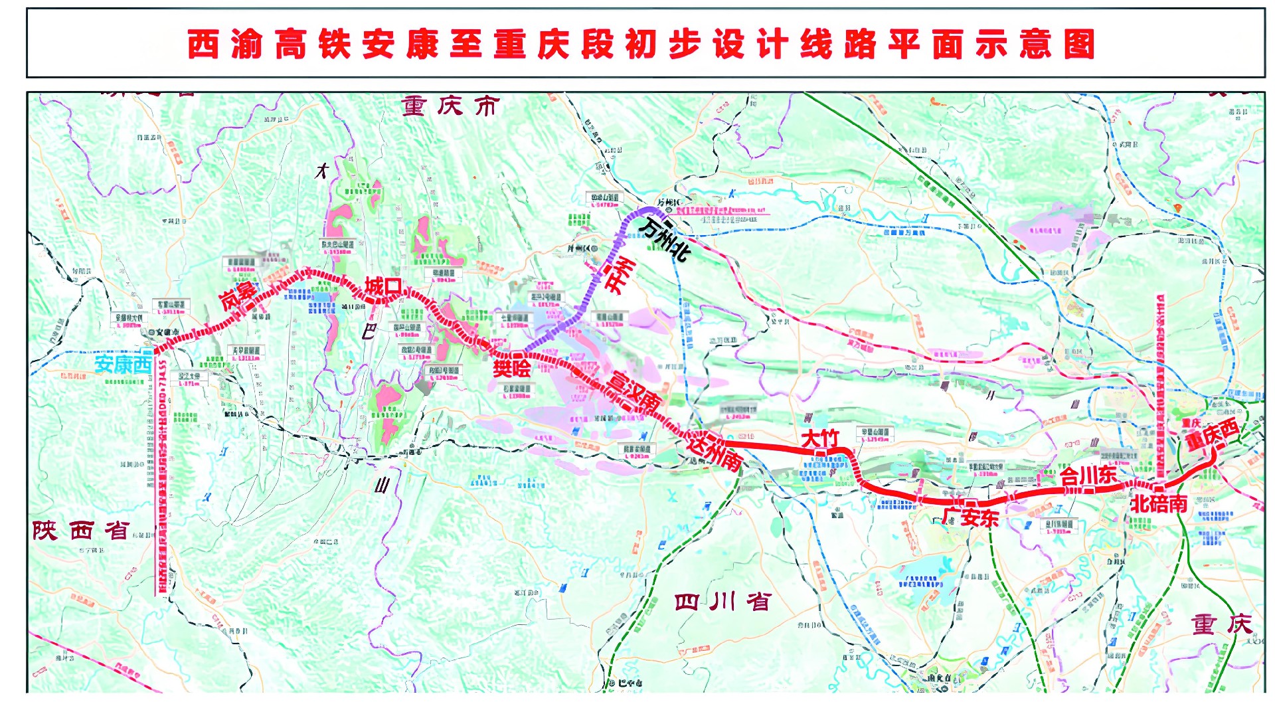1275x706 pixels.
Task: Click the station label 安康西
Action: [x=123, y=365]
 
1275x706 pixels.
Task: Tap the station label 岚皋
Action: [x=238, y=296]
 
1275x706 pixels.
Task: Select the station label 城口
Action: [x=383, y=287]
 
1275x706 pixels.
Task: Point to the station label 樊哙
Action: [x=511, y=368]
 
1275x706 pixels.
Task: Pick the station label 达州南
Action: [x=714, y=452]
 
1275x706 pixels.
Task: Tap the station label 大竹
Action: [x=820, y=439]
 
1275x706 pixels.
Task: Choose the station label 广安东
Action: [x=970, y=517]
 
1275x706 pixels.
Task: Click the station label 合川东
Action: [x=1088, y=476]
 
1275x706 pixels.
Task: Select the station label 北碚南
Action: [x=1159, y=503]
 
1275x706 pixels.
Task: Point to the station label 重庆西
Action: [x=1212, y=434]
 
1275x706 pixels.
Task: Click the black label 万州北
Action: [x=664, y=238]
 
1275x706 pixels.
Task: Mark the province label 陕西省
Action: [x=81, y=531]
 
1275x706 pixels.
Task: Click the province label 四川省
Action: [x=722, y=602]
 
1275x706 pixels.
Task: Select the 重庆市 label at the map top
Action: [x=450, y=106]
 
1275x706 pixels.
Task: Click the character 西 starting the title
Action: [x=203, y=44]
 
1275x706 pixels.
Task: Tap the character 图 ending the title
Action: [x=1079, y=44]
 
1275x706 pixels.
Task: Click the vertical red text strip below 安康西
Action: [x=161, y=478]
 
